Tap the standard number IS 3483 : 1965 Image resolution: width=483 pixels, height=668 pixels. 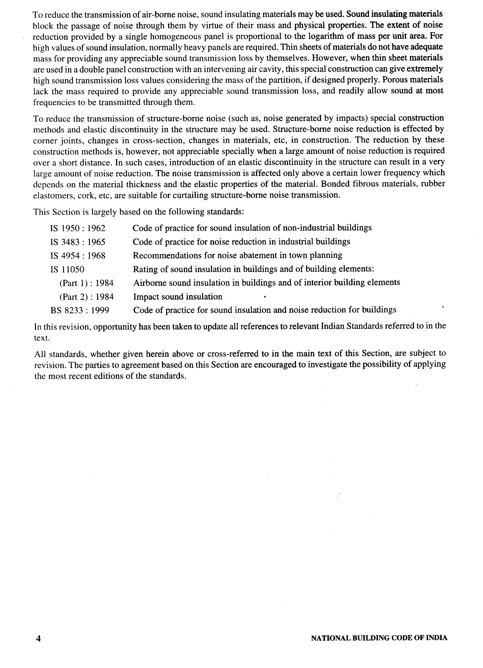(78, 242)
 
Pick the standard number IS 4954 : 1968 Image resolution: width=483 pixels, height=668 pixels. (78, 256)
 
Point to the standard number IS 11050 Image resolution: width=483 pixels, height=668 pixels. (67, 269)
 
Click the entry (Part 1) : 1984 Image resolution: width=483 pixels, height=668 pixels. (87, 283)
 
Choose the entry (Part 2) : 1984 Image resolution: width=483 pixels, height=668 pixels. (87, 296)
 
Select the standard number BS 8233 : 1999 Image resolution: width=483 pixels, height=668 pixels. (79, 310)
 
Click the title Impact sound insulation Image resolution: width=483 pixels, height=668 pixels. (178, 296)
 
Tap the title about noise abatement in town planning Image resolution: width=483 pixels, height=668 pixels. (237, 255)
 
